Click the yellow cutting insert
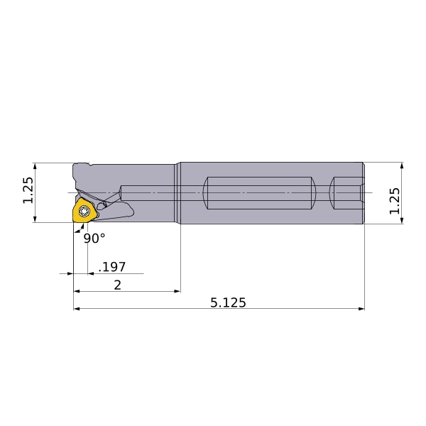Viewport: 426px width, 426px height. click(84, 211)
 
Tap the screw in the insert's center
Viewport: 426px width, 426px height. click(84, 211)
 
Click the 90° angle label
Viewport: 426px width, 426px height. click(94, 239)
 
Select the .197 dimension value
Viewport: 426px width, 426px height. click(112, 267)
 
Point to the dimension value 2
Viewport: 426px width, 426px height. click(117, 285)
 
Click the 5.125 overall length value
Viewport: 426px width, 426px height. click(228, 302)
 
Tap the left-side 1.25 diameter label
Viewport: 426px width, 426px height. click(28, 190)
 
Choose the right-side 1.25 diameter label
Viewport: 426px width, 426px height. click(395, 201)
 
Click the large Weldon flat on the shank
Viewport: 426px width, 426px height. click(259, 193)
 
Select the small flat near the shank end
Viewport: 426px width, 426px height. click(346, 193)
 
